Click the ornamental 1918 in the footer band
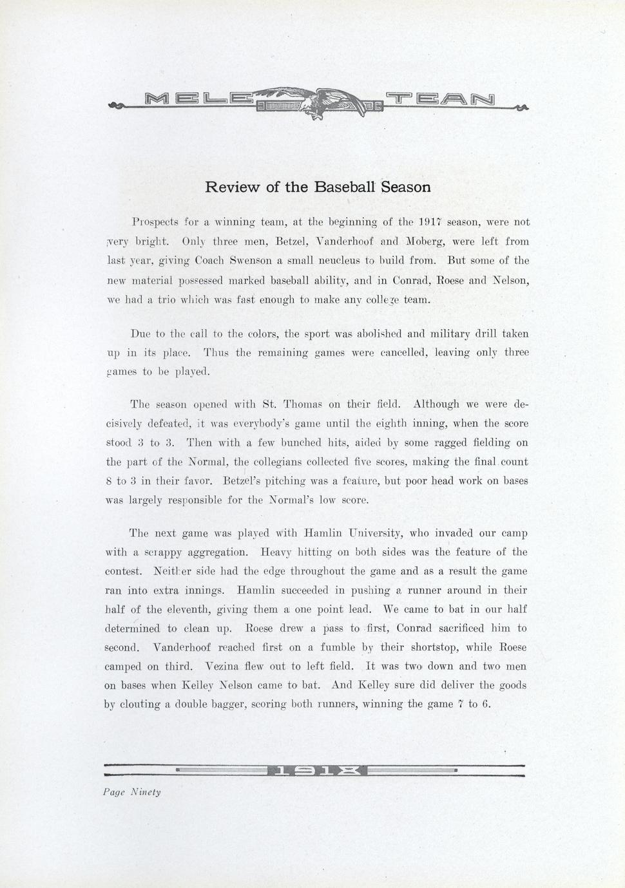pyautogui.click(x=315, y=770)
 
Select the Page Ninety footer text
pyautogui.click(x=132, y=792)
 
